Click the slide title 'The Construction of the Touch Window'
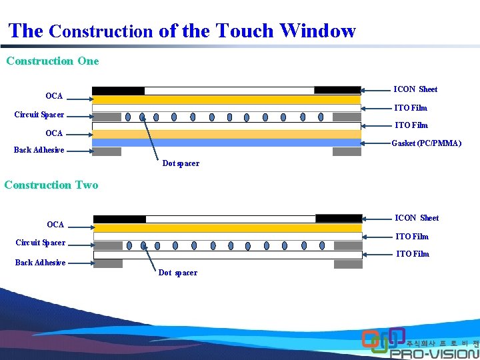click(182, 31)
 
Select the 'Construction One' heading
click(53, 61)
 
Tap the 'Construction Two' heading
click(51, 185)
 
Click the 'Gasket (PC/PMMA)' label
click(426, 143)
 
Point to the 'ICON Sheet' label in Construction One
click(415, 89)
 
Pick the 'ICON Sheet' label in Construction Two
click(417, 218)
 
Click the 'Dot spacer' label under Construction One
click(181, 163)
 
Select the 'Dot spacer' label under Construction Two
click(178, 273)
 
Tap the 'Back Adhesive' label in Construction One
click(39, 150)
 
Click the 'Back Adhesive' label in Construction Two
click(41, 263)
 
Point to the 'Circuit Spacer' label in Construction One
click(39, 115)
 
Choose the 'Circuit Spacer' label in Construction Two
click(41, 243)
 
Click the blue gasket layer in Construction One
click(227, 143)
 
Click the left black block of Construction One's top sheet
click(118, 91)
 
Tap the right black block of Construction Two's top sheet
click(339, 219)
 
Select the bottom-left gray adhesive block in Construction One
click(107, 152)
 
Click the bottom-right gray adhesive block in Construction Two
click(348, 264)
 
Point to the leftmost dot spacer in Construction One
click(128, 117)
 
